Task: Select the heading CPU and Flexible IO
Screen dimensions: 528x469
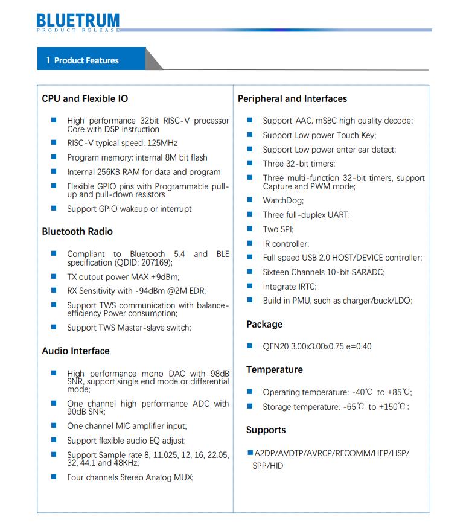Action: pos(85,98)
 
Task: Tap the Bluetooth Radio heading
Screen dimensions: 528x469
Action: pos(77,231)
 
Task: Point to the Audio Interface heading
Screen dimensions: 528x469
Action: pos(75,351)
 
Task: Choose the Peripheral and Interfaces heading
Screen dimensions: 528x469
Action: pos(292,98)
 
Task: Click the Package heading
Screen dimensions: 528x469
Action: pos(264,324)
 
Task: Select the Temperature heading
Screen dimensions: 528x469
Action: pos(274,369)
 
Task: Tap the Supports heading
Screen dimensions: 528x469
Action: pos(266,430)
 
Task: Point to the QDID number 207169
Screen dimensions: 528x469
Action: pos(155,262)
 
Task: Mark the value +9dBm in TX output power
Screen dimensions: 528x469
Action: pos(164,277)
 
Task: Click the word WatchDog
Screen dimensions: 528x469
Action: pos(283,200)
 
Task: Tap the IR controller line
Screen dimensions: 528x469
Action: pos(286,244)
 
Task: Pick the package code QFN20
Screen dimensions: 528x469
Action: pos(275,346)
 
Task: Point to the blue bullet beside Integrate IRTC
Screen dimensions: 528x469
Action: pos(249,286)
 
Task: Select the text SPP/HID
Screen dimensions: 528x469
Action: pos(267,466)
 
